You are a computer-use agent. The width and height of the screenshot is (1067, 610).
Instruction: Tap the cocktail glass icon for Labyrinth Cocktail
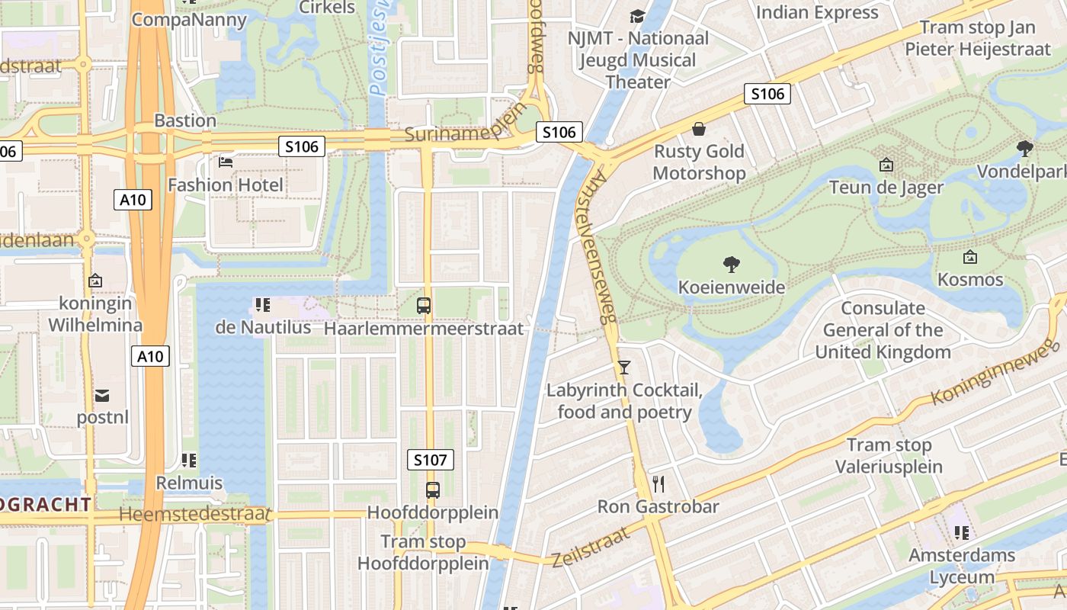pos(624,368)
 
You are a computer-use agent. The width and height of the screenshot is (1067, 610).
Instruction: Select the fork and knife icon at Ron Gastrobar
pos(659,483)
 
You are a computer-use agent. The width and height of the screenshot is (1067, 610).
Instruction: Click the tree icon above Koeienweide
pos(732,265)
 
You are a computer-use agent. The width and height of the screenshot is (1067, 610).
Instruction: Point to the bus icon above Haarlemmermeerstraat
pos(424,306)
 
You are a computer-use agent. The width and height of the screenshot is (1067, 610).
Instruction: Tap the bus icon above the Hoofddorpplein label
pos(432,490)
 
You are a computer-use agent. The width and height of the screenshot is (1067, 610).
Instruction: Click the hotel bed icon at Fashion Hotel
pos(226,162)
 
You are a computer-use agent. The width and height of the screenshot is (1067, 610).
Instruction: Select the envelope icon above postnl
pos(102,395)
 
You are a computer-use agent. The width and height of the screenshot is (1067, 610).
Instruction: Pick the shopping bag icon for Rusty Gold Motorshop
pos(698,129)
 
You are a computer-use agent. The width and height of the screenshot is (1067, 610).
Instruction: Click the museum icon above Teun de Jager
pos(886,165)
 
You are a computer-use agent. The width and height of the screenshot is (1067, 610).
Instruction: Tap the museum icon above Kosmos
pos(970,257)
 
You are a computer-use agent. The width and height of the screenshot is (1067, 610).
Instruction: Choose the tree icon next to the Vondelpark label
pos(1025,148)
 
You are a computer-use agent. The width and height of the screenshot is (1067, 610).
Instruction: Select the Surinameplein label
pos(465,125)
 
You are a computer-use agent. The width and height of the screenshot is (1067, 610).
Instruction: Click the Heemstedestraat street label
pos(195,515)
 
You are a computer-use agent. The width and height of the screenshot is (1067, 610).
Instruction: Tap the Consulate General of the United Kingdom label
pos(883,330)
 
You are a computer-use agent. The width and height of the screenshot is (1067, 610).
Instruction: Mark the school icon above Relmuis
pos(189,461)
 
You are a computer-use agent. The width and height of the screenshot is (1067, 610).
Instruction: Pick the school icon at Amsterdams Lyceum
pos(961,532)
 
